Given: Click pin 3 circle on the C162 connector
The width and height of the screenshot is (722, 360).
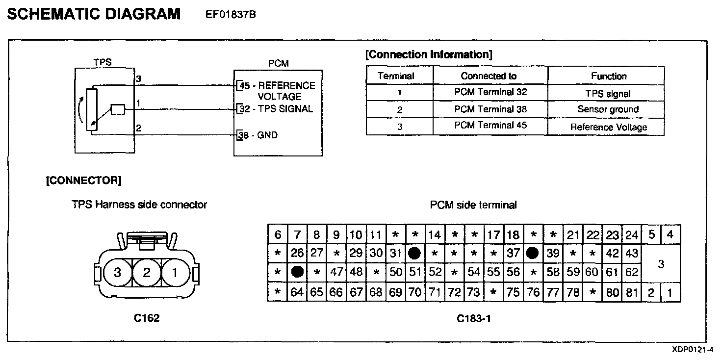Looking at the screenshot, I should [117, 273].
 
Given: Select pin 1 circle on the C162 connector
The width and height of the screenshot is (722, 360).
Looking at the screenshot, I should [176, 273].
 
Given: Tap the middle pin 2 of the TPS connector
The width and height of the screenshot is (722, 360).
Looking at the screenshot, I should [147, 273].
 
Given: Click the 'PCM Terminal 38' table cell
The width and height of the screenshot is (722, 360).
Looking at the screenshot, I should [490, 109].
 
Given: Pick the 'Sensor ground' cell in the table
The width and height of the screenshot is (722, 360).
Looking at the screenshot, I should [608, 109].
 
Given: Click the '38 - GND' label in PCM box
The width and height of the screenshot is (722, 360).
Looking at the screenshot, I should [258, 135].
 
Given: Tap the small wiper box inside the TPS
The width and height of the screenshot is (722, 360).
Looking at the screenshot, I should [118, 110].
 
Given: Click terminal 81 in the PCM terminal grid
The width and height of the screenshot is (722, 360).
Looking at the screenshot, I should [632, 293].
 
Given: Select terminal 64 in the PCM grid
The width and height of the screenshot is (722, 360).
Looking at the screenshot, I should [297, 293].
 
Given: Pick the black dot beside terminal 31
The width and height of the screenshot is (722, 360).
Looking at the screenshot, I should [414, 253].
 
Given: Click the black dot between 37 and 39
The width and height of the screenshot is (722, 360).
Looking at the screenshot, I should [533, 253].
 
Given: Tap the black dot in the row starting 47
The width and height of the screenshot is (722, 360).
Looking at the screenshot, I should [297, 272].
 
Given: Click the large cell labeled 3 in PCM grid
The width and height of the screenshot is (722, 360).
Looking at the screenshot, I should [661, 264].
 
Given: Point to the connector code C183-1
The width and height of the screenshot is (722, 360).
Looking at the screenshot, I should [474, 318].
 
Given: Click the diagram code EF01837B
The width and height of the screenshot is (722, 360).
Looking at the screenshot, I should [231, 15].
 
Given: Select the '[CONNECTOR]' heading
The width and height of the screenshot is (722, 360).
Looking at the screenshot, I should [83, 180].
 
